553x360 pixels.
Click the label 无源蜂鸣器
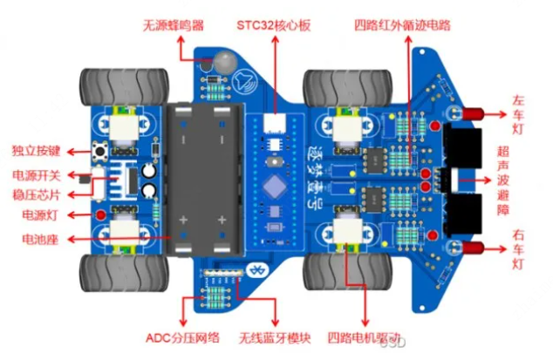tap(174, 25)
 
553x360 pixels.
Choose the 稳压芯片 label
tap(36, 194)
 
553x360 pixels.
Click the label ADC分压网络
tap(181, 337)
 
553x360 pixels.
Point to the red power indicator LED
tap(101, 213)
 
